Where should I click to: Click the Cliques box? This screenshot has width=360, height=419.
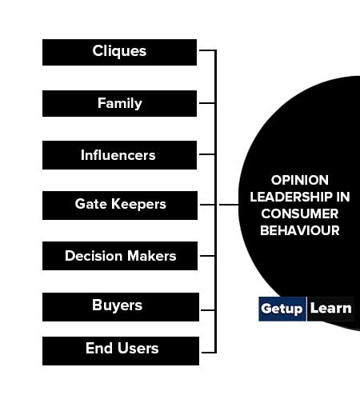[x=119, y=53]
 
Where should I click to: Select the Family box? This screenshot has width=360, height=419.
[x=119, y=103]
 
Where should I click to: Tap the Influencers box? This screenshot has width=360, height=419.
[x=119, y=155]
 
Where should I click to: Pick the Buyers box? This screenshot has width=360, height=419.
[x=121, y=307]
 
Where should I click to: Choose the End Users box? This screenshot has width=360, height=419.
[x=121, y=351]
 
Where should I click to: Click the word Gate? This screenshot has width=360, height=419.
[x=91, y=204]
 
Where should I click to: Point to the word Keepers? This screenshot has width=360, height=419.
[x=138, y=205]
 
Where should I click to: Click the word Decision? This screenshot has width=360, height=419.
[x=94, y=256]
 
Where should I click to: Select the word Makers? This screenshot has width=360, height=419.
[x=152, y=256]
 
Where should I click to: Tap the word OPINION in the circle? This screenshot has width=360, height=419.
[x=299, y=180]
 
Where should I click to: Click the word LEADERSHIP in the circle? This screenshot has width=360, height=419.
[x=291, y=197]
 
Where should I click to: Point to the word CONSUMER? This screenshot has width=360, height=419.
[x=299, y=213]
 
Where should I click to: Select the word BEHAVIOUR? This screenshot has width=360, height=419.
[x=299, y=230]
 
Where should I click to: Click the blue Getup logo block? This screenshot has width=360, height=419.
[x=282, y=309]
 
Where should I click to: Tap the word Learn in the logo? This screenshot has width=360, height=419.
[x=331, y=309]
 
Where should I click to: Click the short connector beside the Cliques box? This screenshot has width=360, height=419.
[x=207, y=50]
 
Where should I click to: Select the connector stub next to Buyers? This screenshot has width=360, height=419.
[x=208, y=310]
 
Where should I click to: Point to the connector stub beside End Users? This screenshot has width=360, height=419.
[x=208, y=353]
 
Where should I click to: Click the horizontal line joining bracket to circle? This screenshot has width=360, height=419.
[x=229, y=205]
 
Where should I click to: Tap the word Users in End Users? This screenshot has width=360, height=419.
[x=138, y=348]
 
